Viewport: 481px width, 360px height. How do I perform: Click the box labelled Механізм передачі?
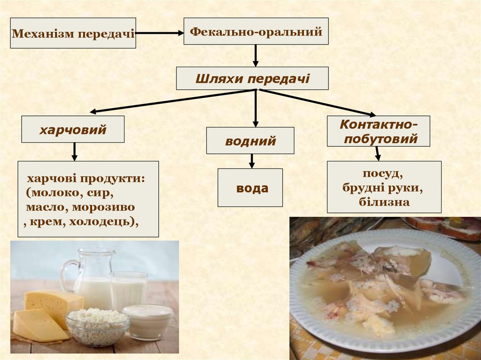pos(73,33)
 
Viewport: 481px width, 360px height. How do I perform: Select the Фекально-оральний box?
pos(256,31)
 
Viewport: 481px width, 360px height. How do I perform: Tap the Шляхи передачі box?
pos(252,78)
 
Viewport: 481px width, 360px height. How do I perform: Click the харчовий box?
pos(73,129)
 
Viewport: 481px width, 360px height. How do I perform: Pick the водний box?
pos(250,141)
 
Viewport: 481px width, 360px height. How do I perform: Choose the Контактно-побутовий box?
pos(379,131)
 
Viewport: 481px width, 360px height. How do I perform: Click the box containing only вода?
pos(250,188)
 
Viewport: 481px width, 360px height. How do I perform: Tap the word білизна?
pos(384,202)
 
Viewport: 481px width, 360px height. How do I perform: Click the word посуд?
pos(382,174)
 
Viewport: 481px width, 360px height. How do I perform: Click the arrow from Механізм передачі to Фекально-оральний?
pos(160,33)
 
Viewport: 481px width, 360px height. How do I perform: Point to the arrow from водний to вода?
pos(252,161)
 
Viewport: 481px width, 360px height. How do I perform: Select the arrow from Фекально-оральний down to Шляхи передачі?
pos(256,55)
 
